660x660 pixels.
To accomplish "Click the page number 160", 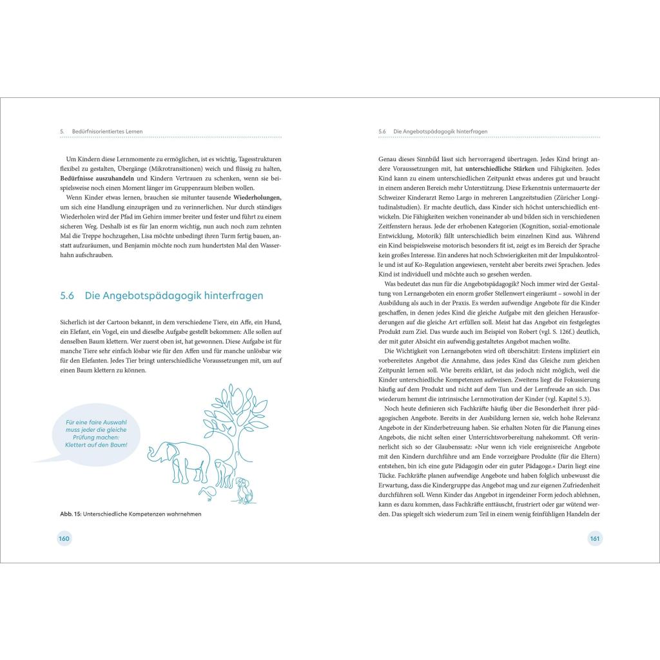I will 64,538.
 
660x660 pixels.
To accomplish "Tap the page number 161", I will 594,538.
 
